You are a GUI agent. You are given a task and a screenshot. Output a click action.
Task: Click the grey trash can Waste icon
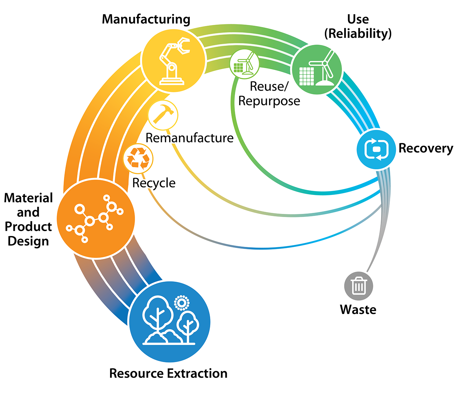[358, 286]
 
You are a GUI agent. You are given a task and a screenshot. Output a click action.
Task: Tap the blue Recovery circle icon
[376, 149]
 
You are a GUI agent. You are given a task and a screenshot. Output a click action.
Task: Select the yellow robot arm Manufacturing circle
[173, 60]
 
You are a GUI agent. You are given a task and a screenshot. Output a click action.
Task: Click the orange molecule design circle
[95, 219]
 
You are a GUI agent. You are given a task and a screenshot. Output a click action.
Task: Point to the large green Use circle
[317, 70]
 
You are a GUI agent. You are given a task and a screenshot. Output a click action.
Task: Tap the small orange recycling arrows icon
[138, 158]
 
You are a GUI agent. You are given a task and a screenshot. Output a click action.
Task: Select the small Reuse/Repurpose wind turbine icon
[244, 64]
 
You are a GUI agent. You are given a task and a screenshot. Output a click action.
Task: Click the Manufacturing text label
[146, 19]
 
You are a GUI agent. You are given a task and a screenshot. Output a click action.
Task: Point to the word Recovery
[426, 148]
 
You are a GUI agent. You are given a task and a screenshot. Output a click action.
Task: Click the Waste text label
[358, 309]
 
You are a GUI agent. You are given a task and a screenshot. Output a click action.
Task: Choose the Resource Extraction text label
[168, 373]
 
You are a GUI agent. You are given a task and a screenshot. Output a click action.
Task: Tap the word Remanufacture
[189, 138]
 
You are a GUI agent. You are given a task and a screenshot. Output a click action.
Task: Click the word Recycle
[154, 183]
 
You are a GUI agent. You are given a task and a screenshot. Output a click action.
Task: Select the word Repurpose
[269, 101]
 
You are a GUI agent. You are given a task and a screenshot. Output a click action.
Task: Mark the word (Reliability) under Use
[358, 33]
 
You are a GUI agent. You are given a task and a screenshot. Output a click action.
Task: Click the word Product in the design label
[28, 227]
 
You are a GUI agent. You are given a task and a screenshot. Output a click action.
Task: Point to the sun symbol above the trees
[182, 302]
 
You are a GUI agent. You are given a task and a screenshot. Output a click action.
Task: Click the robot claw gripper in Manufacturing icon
[183, 46]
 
